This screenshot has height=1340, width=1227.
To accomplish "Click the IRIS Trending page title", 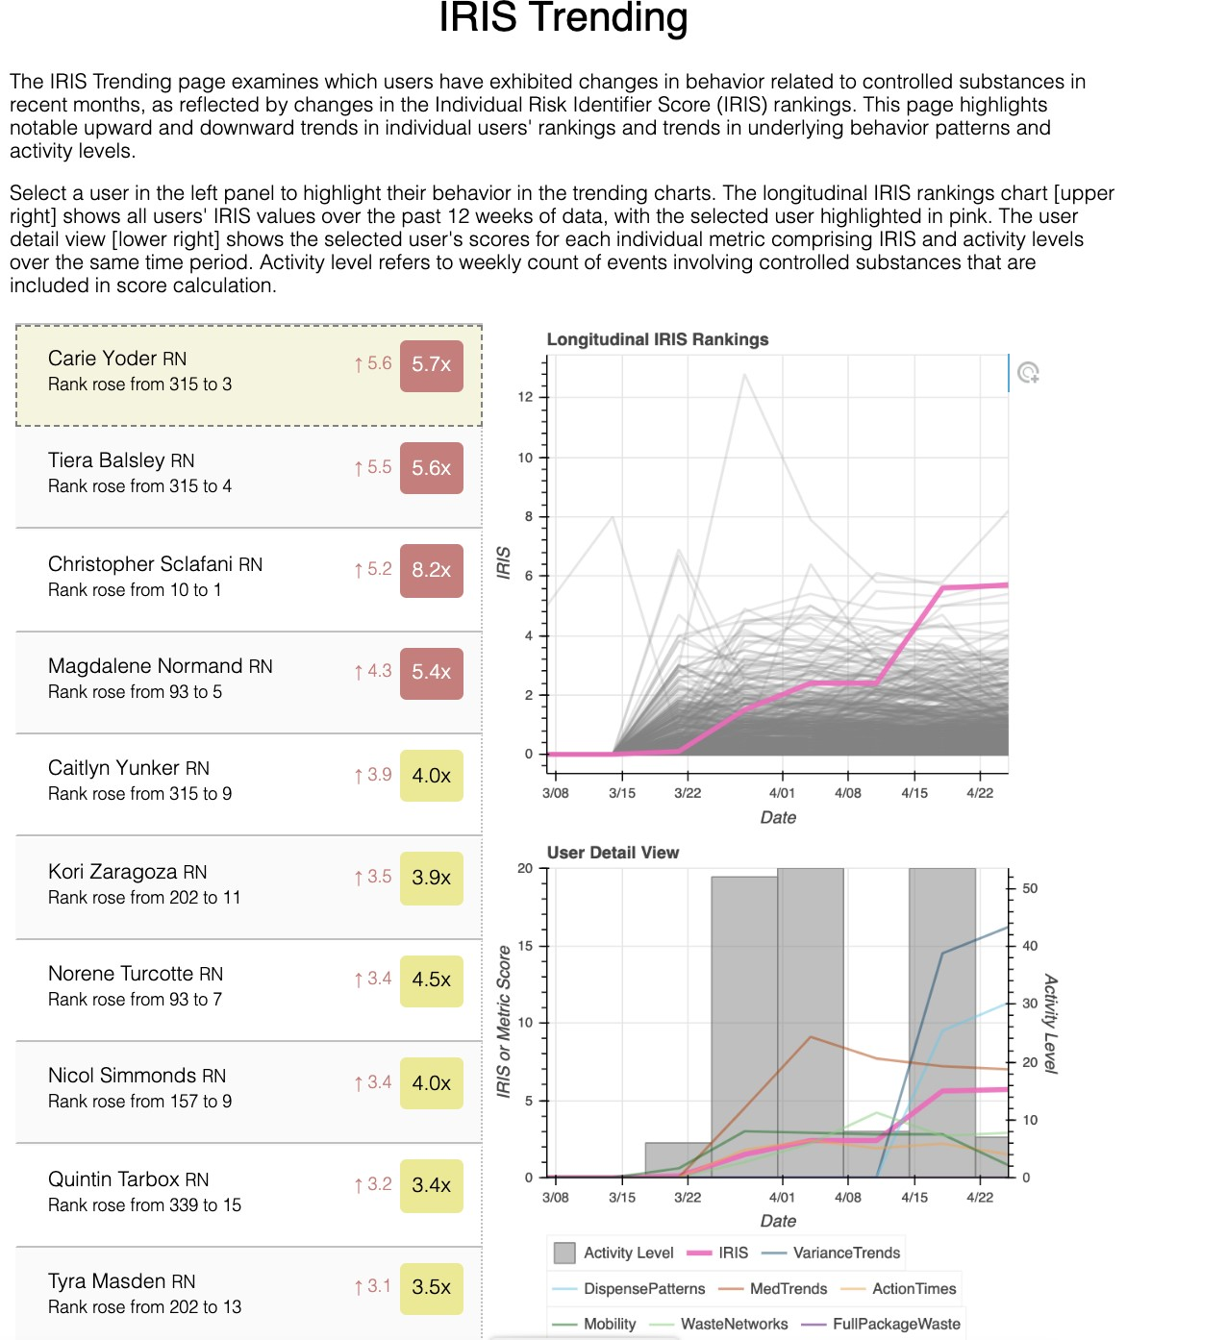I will tap(563, 17).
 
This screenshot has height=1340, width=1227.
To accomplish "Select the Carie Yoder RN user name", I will tap(117, 359).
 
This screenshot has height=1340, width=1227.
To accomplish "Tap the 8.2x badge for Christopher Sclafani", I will tap(431, 570).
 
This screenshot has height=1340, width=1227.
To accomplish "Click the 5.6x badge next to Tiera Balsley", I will tap(431, 468).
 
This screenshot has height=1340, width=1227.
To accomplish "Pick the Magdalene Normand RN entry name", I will tap(161, 666).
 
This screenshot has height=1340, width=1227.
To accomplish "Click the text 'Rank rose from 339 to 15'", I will tap(144, 1205).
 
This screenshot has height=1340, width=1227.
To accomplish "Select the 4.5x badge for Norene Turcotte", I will tap(431, 980).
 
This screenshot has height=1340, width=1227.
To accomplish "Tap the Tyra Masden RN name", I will tap(122, 1281).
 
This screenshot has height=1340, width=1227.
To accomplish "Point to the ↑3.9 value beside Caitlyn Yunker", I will tap(373, 775).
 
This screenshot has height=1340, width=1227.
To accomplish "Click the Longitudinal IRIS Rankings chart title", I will tap(658, 339).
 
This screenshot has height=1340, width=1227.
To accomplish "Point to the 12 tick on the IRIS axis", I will tap(525, 397).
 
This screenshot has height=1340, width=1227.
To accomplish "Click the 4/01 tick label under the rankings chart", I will tap(782, 793).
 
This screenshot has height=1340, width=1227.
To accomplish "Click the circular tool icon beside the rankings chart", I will tap(1028, 373).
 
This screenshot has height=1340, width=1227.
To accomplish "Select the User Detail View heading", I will tap(613, 853).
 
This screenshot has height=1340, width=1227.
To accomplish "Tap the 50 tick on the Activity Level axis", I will tap(1030, 888).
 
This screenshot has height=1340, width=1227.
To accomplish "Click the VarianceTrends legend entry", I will tap(846, 1253).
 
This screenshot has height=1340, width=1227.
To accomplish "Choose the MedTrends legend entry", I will tap(788, 1289).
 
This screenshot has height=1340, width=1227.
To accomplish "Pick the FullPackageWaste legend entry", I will tap(896, 1324).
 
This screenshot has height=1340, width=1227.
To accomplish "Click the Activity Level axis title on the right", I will tap(1051, 1024).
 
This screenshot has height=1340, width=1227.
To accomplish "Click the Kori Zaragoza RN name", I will tap(128, 872).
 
